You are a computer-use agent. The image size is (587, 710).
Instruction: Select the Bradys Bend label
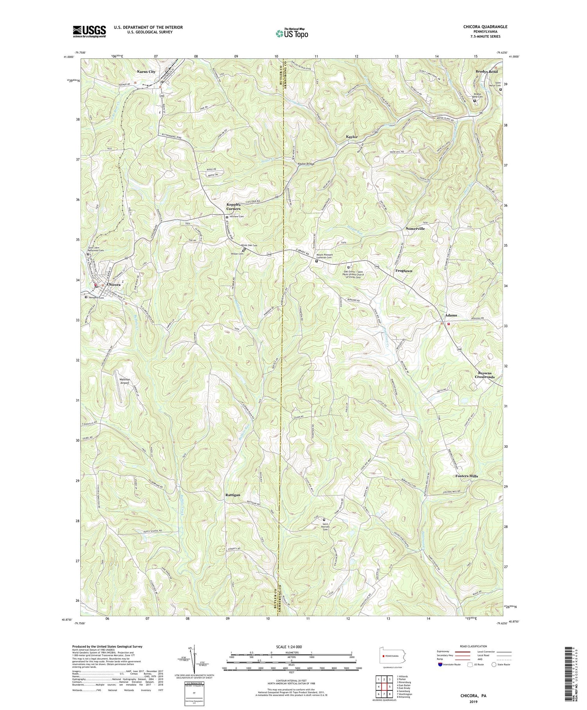click(486, 72)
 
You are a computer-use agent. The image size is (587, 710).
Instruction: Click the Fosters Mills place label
click(467, 476)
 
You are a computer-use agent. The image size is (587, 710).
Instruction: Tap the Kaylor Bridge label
click(306, 164)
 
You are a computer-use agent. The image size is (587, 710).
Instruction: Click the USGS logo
click(89, 31)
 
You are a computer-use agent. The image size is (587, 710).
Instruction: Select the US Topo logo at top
click(292, 33)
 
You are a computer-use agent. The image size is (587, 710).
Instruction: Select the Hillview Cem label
click(236, 217)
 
